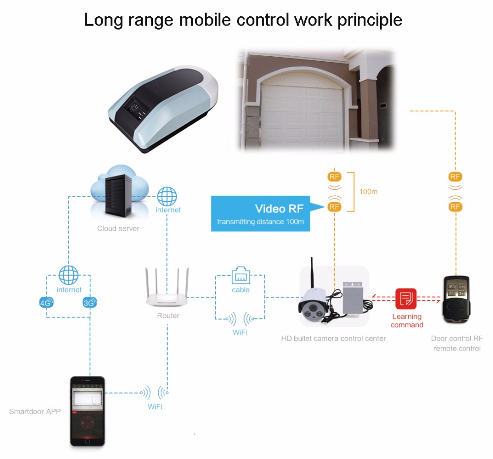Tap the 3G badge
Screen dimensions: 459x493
[x=89, y=303]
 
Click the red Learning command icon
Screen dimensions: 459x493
[x=406, y=298]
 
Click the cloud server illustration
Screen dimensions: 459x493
[x=119, y=195]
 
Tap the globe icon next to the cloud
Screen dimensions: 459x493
[x=167, y=196]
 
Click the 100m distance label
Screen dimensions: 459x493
[x=368, y=191]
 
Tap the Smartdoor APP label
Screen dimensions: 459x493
[x=35, y=411]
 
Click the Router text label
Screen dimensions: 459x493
[x=168, y=316]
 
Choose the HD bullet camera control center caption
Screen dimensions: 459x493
[x=333, y=338]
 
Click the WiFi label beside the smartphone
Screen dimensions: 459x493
[x=155, y=407]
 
